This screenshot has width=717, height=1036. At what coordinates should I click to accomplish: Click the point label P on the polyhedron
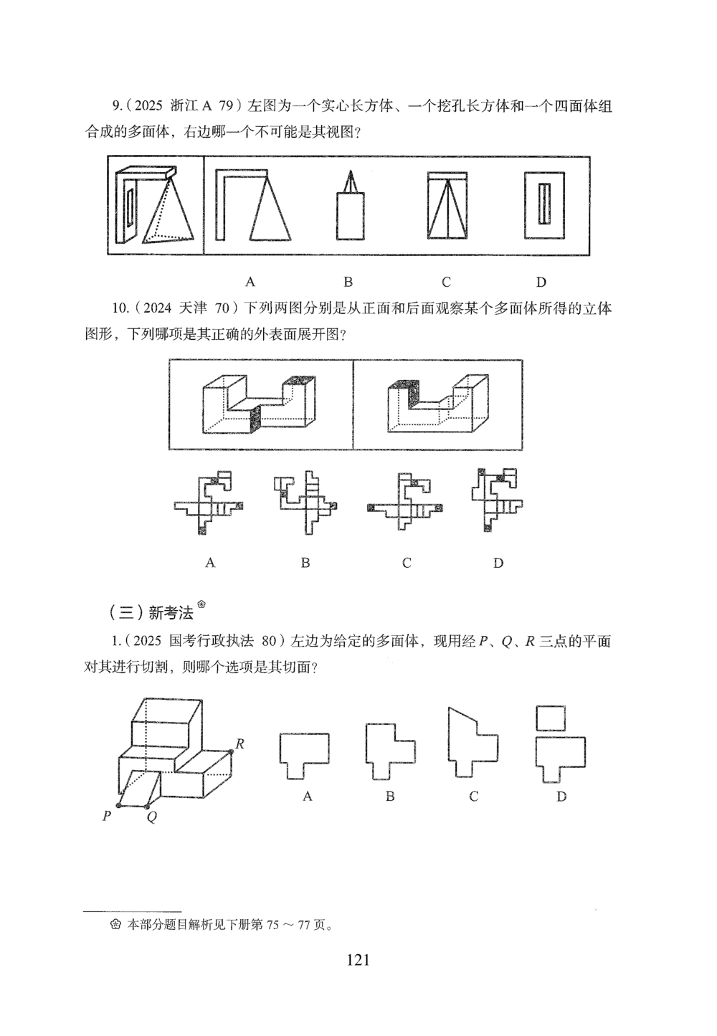pyautogui.click(x=107, y=815)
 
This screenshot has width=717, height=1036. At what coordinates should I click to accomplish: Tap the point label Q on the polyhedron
pyautogui.click(x=151, y=817)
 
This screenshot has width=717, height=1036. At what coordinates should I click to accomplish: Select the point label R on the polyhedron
pyautogui.click(x=240, y=744)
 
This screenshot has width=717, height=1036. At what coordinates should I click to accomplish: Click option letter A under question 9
pyautogui.click(x=251, y=281)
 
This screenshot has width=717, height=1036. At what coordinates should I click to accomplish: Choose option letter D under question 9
pyautogui.click(x=541, y=281)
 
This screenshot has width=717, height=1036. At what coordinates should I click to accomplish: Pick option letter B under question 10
pyautogui.click(x=305, y=563)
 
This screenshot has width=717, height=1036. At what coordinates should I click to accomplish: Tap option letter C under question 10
pyautogui.click(x=407, y=563)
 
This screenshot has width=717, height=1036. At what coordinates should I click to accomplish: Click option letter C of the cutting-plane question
pyautogui.click(x=473, y=797)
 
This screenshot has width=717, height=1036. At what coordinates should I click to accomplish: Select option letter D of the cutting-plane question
pyautogui.click(x=561, y=797)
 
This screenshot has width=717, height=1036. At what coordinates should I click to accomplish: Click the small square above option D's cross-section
pyautogui.click(x=551, y=718)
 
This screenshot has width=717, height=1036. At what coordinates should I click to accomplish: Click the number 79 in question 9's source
pyautogui.click(x=227, y=106)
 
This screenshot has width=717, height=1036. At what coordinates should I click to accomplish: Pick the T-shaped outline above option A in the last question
pyautogui.click(x=305, y=755)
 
